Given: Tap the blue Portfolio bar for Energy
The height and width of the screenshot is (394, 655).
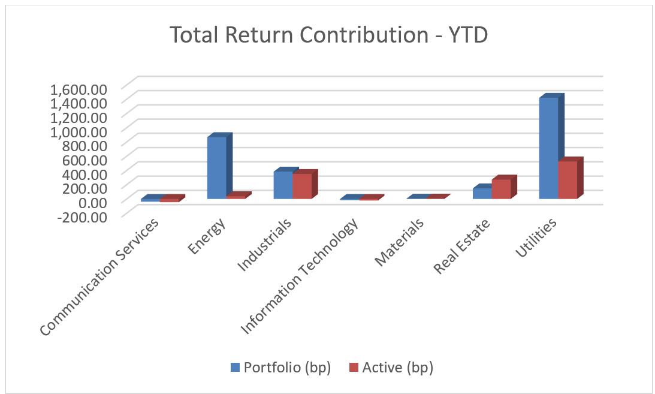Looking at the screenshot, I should click(x=216, y=168).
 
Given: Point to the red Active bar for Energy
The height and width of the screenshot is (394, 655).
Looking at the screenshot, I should click(x=236, y=196).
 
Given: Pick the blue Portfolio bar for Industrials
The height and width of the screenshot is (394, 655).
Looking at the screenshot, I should click(x=283, y=185).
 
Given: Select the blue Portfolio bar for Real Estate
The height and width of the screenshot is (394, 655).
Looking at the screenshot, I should click(x=482, y=193).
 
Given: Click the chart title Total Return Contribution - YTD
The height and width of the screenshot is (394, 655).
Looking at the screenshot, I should click(x=328, y=35).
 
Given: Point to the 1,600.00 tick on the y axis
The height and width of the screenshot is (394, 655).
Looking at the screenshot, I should click(x=79, y=89).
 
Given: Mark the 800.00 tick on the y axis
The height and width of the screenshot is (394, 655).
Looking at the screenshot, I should click(x=85, y=145).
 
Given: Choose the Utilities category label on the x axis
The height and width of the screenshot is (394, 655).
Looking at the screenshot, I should click(x=537, y=238).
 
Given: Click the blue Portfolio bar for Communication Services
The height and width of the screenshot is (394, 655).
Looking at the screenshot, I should click(x=150, y=200).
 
